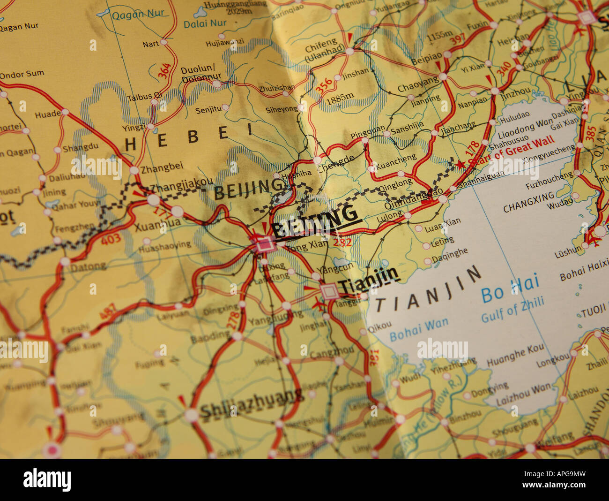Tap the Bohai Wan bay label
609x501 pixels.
(418, 329)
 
